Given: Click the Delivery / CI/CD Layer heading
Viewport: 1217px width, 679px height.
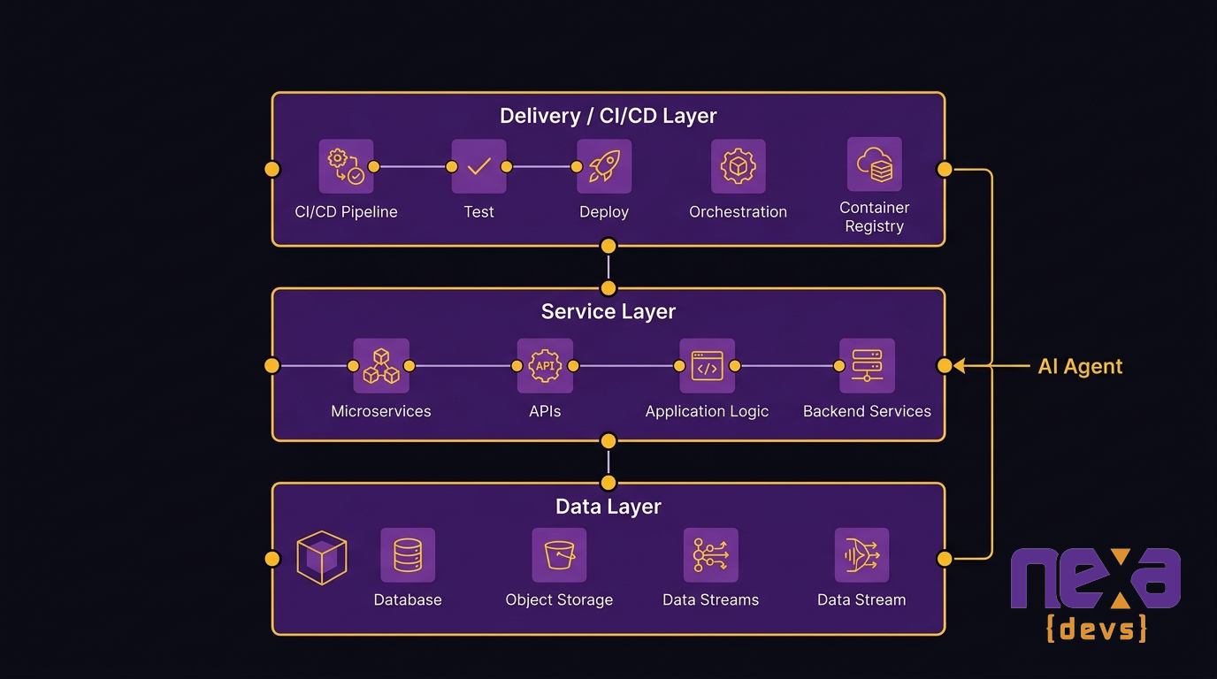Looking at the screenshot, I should pyautogui.click(x=608, y=116).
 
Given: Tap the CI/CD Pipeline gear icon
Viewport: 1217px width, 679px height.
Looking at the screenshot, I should pyautogui.click(x=346, y=166).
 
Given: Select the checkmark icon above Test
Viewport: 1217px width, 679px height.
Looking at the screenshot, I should pyautogui.click(x=478, y=166).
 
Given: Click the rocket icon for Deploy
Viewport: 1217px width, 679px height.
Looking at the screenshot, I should pyautogui.click(x=604, y=166).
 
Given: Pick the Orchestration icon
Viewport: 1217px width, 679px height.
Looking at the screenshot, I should pyautogui.click(x=738, y=166).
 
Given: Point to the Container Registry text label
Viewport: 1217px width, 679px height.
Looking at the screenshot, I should pyautogui.click(x=874, y=217).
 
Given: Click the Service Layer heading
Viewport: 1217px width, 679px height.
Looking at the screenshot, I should pyautogui.click(x=608, y=311).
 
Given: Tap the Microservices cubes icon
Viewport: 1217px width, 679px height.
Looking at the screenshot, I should pyautogui.click(x=381, y=365).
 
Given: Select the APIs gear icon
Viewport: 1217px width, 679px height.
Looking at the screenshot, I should pyautogui.click(x=545, y=365).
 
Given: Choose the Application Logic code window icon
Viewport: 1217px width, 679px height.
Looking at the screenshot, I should pyautogui.click(x=707, y=365).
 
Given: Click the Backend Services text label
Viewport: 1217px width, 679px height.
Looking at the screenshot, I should pyautogui.click(x=867, y=411).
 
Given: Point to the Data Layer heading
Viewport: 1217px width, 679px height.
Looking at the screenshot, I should pyautogui.click(x=608, y=507).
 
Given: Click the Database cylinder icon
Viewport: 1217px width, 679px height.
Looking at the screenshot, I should pyautogui.click(x=408, y=555).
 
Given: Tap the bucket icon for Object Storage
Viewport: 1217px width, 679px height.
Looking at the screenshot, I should pyautogui.click(x=559, y=555).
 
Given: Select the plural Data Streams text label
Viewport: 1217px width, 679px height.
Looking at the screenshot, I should pyautogui.click(x=710, y=599).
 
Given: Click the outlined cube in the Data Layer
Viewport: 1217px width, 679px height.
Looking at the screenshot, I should pyautogui.click(x=321, y=558).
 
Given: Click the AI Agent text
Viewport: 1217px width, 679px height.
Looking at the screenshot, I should pyautogui.click(x=1080, y=366).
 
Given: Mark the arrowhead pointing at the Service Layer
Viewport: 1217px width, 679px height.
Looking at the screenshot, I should pyautogui.click(x=960, y=365).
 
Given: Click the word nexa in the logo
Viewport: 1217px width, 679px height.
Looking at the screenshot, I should pyautogui.click(x=1095, y=578).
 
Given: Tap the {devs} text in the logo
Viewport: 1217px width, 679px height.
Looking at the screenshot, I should pyautogui.click(x=1096, y=629).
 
